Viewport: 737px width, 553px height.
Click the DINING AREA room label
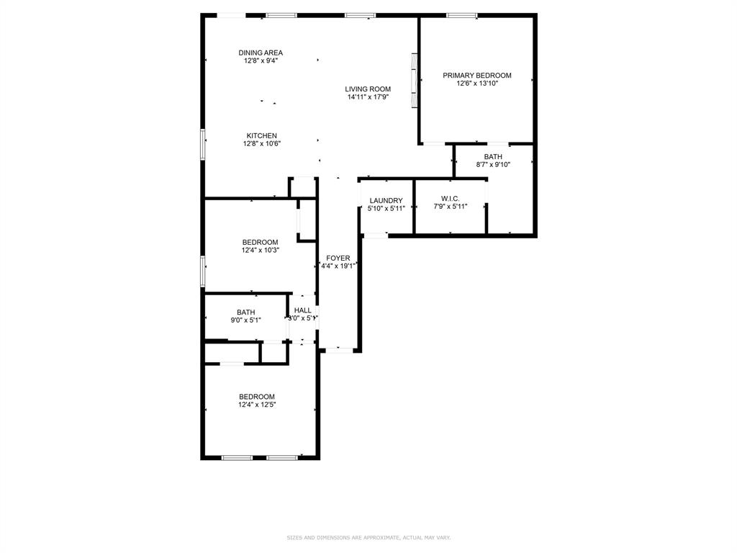pos(261,53)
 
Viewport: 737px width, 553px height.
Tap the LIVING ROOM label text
pos(368,89)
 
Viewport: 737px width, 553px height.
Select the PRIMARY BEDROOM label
pos(476,76)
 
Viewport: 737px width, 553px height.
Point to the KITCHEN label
pos(261,136)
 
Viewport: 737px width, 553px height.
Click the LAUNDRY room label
pos(386,200)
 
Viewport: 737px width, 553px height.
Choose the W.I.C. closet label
pos(450,199)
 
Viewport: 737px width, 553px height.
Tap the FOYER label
pos(338,258)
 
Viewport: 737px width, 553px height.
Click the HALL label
pos(302,310)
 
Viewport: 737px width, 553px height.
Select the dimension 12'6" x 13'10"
pos(476,84)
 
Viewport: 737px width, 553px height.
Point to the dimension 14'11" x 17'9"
pos(368,97)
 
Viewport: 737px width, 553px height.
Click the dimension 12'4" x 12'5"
pos(257,405)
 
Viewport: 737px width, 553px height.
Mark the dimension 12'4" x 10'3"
pos(260,250)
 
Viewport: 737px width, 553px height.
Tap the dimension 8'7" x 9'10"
pos(493,164)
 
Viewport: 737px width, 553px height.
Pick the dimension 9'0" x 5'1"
pos(245,320)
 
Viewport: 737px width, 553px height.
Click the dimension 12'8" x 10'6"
pos(261,143)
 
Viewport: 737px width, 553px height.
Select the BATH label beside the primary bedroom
pos(493,156)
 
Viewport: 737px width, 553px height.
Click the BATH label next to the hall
pos(245,313)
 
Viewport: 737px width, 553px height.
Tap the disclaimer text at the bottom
pos(368,538)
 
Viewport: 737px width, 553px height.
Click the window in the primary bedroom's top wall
pos(461,15)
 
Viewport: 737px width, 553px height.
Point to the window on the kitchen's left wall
pos(203,145)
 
